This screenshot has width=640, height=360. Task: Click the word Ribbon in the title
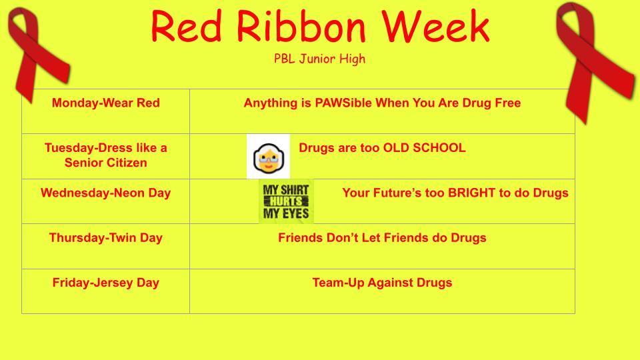(301, 26)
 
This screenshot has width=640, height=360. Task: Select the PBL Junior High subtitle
(319, 59)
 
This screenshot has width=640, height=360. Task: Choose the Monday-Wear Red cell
(106, 111)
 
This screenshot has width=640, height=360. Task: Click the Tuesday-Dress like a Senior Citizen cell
(106, 156)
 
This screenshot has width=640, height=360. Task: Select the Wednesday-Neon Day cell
(106, 201)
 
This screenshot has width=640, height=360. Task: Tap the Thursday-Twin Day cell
(106, 246)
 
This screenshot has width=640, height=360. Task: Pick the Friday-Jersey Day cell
(106, 291)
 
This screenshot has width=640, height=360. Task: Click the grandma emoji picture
(268, 156)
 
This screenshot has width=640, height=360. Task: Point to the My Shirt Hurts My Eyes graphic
(286, 201)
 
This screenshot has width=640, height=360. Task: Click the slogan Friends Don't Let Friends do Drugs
(382, 237)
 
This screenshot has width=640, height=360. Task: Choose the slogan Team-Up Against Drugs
(382, 283)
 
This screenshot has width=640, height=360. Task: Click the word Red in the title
(187, 26)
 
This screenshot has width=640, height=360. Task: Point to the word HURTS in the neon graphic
(286, 201)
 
